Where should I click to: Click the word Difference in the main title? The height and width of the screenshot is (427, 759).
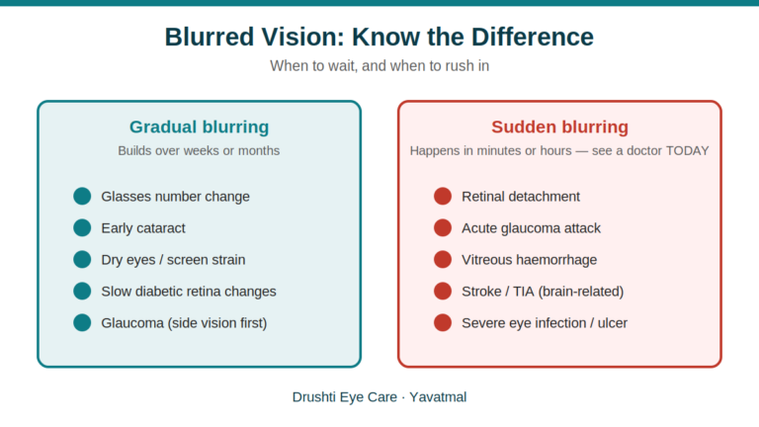[532, 37]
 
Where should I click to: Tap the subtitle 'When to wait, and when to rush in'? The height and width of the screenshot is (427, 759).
[379, 65]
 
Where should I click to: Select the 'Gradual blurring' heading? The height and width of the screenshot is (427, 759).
[199, 127]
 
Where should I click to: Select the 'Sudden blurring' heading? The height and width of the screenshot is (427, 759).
[559, 127]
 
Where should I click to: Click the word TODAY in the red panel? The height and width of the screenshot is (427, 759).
[688, 150]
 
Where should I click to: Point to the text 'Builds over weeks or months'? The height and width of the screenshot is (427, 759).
[199, 150]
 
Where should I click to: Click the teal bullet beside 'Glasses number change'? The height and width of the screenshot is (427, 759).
[82, 196]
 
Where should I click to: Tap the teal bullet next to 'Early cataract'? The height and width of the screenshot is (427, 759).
[82, 227]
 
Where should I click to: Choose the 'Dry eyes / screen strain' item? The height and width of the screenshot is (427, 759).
[173, 260]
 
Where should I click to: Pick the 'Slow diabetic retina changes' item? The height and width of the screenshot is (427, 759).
[189, 292]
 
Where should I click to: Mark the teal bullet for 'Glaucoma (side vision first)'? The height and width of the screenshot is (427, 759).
[82, 323]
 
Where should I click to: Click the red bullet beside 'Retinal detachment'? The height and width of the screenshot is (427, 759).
[443, 196]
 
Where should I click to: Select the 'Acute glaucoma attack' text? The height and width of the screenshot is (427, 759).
[531, 228]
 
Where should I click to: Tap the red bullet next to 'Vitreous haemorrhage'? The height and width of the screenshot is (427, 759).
[443, 260]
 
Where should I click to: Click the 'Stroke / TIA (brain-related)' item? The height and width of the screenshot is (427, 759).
[543, 292]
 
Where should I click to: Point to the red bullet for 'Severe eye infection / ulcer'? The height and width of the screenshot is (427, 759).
[443, 323]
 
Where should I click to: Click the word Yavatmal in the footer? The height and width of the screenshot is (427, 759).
[438, 397]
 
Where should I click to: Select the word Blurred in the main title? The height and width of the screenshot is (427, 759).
[210, 37]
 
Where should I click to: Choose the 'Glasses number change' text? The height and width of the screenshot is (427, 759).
[175, 197]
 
